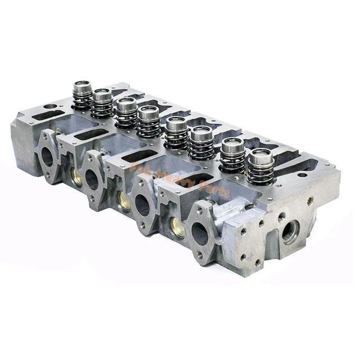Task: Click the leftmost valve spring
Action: (x=82, y=96)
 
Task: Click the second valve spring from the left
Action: (x=102, y=103)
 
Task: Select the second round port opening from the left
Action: (x=92, y=180)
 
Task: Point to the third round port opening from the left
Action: (x=141, y=206)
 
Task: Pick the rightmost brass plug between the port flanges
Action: (x=176, y=227)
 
